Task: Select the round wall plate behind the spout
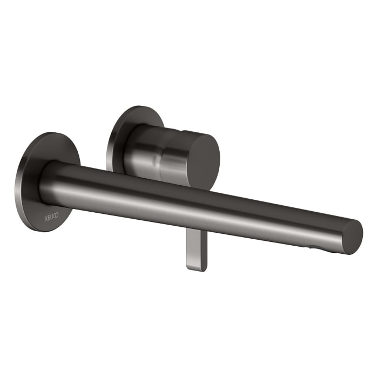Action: pos(32,178)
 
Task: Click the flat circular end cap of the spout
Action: pos(352,237)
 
